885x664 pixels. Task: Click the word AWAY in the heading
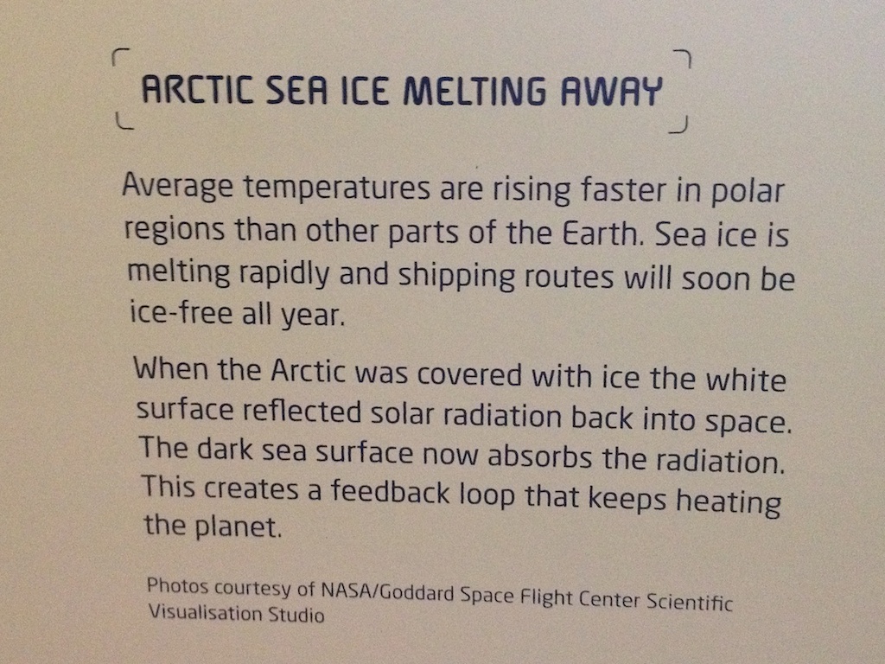(x=611, y=91)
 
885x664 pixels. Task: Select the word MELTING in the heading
(x=474, y=90)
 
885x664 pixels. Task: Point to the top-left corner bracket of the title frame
(x=120, y=56)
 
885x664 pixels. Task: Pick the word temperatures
(x=337, y=187)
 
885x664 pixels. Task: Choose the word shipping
(x=456, y=275)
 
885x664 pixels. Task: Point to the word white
(x=746, y=379)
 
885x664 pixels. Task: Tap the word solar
(x=403, y=414)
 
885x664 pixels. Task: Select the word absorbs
(x=539, y=456)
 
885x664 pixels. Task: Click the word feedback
(x=391, y=491)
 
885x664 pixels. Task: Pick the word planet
(x=239, y=527)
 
